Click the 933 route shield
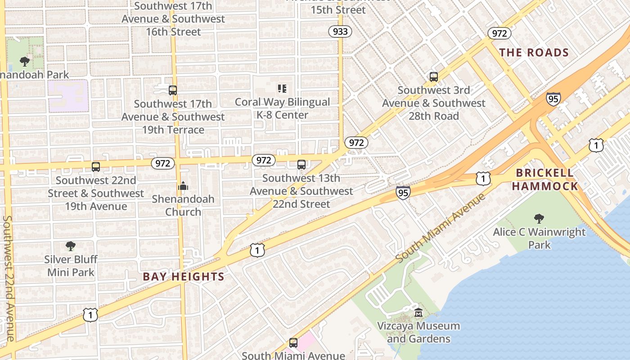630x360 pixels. coord(340,31)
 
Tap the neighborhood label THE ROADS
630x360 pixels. coord(534,53)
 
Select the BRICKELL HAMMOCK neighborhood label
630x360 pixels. coord(545,180)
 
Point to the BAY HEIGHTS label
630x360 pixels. coord(184,277)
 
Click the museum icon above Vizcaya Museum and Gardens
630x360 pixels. coord(418,312)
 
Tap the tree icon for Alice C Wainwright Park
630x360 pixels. coord(539,219)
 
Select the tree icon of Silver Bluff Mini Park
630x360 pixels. coord(71,246)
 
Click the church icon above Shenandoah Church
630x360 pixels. coord(183,186)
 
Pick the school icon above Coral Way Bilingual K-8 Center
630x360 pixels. coord(282,89)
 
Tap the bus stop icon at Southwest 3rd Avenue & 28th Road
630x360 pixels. coord(433,77)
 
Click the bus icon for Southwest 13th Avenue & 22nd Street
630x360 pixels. coord(301,165)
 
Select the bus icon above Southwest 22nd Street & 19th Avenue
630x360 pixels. coord(96,167)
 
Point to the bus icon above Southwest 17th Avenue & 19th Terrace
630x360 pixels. coord(173,90)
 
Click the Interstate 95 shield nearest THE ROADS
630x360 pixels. coord(553,99)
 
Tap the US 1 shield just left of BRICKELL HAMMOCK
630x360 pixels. coord(483,179)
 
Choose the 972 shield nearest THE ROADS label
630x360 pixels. coord(499,33)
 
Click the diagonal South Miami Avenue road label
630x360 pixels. coord(441,229)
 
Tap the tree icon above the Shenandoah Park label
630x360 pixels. coord(25,61)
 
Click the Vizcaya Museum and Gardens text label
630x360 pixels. coord(418,332)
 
